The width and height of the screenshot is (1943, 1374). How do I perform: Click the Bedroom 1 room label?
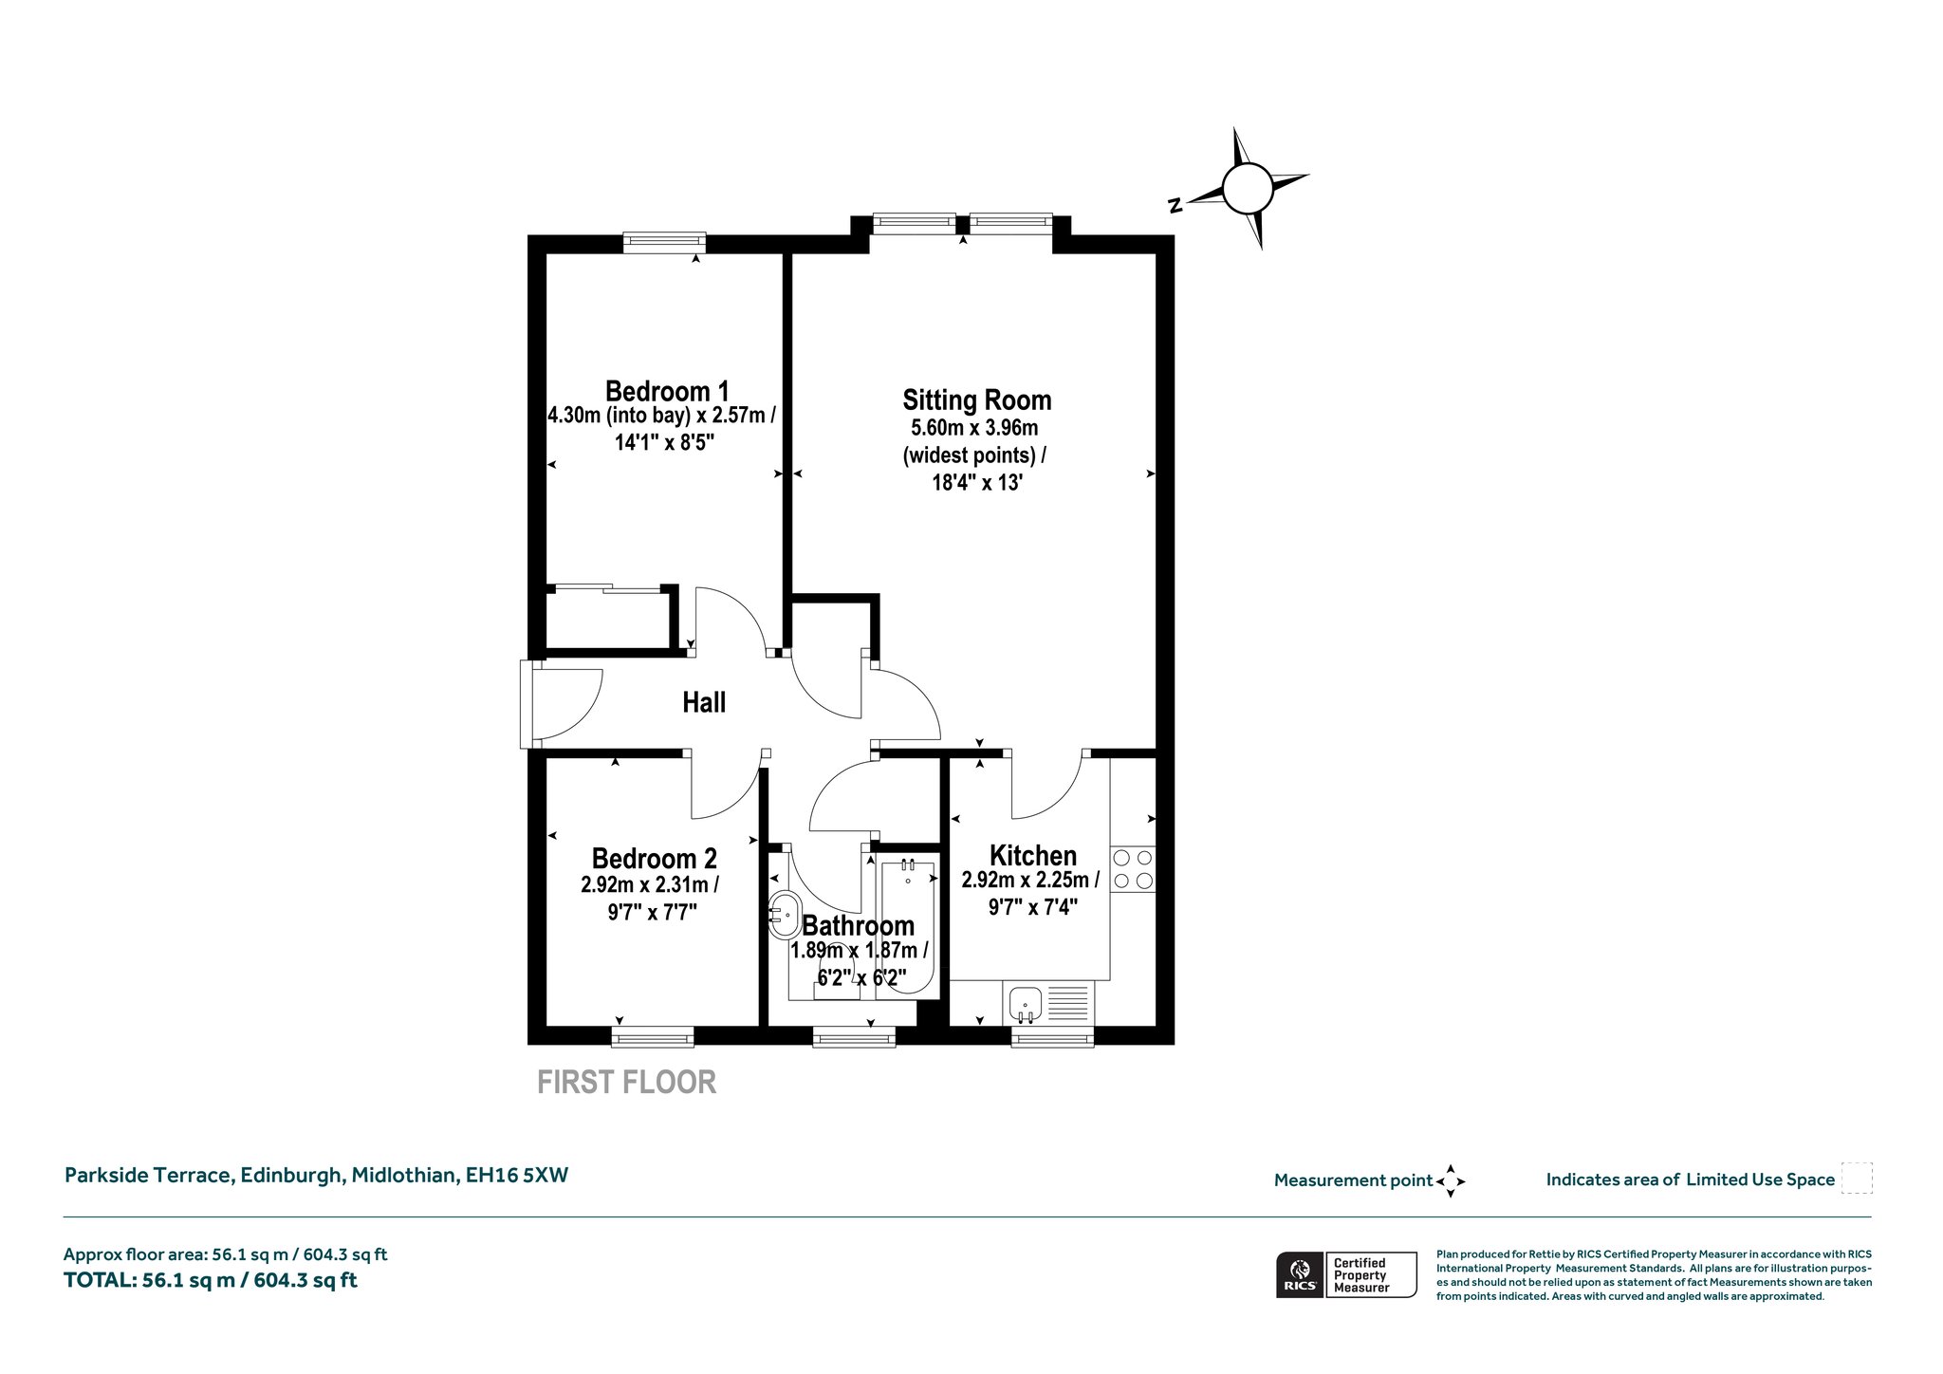[x=667, y=391]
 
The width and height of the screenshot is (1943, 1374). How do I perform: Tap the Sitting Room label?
[x=976, y=400]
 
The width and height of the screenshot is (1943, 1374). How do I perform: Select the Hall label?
[x=704, y=702]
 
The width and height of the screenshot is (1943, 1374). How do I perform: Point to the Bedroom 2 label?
[x=654, y=859]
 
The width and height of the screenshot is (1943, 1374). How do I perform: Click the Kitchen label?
[x=1033, y=856]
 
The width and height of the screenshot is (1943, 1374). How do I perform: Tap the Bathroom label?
[x=859, y=925]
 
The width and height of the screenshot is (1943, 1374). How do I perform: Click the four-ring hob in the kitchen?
[x=1133, y=869]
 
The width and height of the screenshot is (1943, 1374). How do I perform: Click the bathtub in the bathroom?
[x=907, y=926]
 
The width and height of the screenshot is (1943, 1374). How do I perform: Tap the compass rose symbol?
[x=1247, y=189]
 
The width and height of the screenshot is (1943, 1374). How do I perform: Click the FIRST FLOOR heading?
[x=626, y=1082]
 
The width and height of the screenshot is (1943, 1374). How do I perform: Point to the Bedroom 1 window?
[x=665, y=242]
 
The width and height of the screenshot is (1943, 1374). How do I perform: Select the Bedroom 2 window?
[x=653, y=1037]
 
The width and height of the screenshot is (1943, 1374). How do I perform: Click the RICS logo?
[x=1300, y=1274]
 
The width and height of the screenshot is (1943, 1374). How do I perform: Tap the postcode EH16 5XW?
[x=516, y=1175]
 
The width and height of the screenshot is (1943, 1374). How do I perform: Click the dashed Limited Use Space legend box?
[x=1857, y=1178]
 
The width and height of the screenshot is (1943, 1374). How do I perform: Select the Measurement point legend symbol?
[x=1451, y=1181]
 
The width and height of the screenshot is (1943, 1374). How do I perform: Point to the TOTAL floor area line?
[x=211, y=1280]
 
